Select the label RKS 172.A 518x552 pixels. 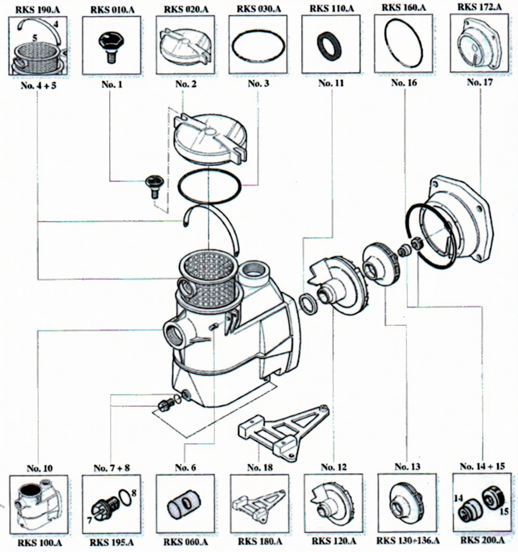coord(479,7)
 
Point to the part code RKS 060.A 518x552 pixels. coord(185,541)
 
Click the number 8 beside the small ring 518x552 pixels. coord(134,492)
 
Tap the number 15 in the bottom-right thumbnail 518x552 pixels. coord(504,510)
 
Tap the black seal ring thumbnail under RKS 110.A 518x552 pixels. coord(329,46)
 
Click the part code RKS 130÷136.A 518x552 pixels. coord(407,541)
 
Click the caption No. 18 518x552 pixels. coord(257,467)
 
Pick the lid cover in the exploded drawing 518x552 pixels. coord(210,137)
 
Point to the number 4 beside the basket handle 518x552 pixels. coord(56,24)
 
